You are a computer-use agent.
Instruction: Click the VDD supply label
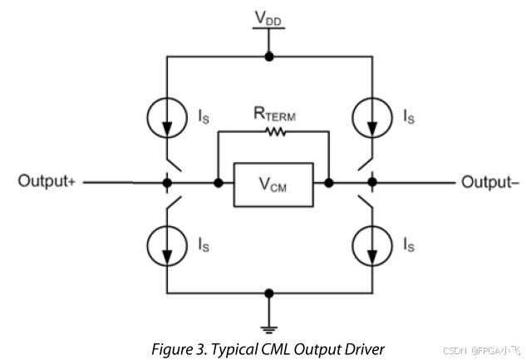268,17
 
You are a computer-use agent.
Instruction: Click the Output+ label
47,181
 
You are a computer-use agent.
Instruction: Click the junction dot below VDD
268,57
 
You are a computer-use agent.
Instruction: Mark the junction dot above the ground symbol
268,293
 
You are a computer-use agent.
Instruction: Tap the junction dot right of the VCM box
329,181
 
